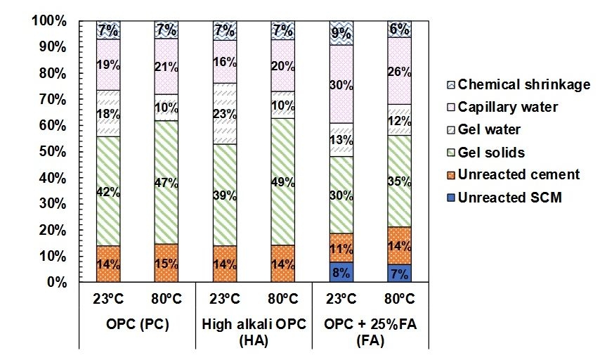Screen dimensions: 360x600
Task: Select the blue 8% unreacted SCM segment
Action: tap(341, 271)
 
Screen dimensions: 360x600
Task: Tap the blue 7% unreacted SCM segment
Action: tap(399, 273)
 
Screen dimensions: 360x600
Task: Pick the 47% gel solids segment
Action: tap(167, 183)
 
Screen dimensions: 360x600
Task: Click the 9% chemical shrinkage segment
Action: tap(341, 32)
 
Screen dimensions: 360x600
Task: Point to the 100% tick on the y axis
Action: tap(49, 21)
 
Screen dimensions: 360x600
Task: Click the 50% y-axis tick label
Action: tap(52, 152)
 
